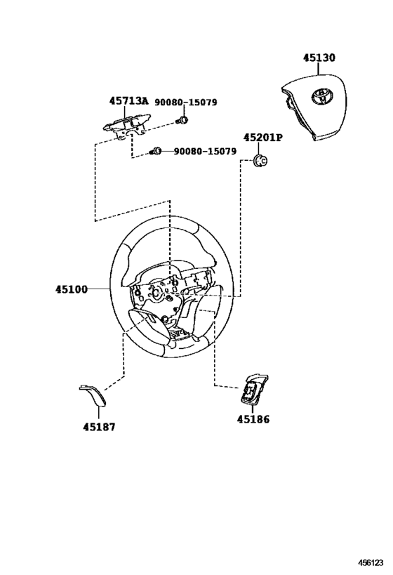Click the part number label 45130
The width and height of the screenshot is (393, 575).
point(319,58)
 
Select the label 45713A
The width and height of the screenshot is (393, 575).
point(128,101)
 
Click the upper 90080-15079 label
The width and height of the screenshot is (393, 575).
point(185,102)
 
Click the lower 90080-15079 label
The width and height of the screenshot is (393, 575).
point(205,151)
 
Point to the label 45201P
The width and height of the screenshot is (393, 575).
point(263,138)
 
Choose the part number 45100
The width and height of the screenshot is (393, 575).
point(72,289)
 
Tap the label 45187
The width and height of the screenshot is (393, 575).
point(99,427)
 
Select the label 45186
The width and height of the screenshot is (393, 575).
point(253,419)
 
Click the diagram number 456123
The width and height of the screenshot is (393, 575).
point(371,562)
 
